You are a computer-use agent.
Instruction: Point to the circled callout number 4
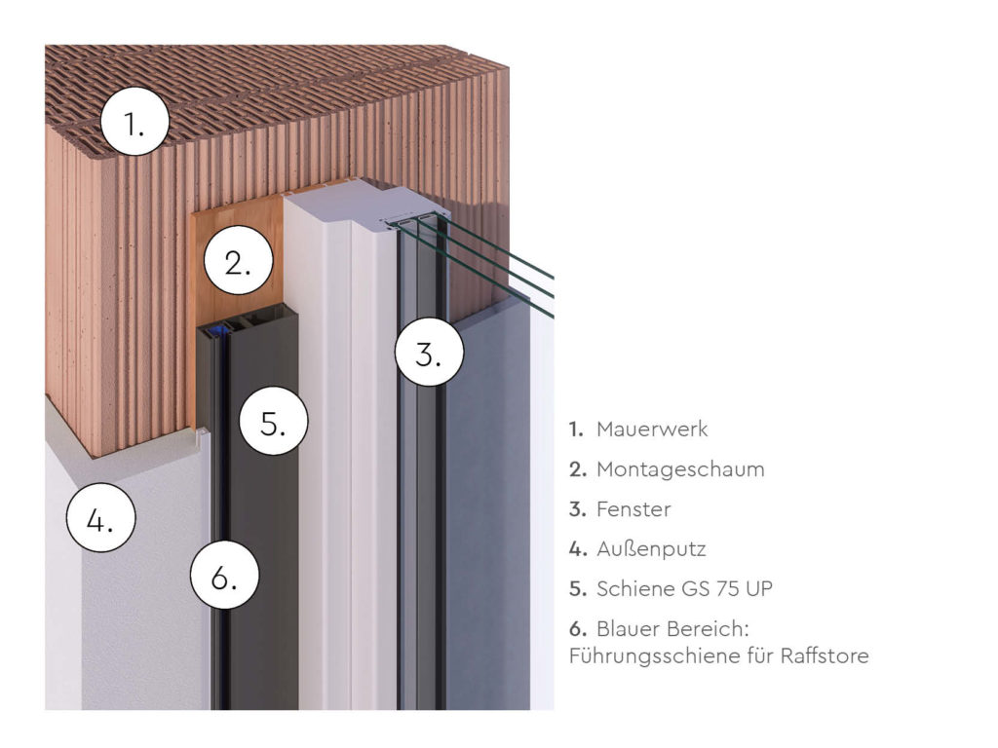click(x=100, y=520)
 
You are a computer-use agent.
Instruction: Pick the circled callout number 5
click(x=274, y=424)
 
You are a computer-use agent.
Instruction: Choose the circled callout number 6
click(x=225, y=578)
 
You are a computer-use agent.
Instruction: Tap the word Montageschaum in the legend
click(x=680, y=469)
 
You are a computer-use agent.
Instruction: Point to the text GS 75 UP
click(x=716, y=589)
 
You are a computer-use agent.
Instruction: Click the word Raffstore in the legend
click(x=825, y=655)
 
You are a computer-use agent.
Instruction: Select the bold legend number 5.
click(x=577, y=589)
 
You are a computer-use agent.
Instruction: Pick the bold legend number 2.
click(x=577, y=469)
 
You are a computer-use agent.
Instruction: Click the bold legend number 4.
click(x=577, y=549)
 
